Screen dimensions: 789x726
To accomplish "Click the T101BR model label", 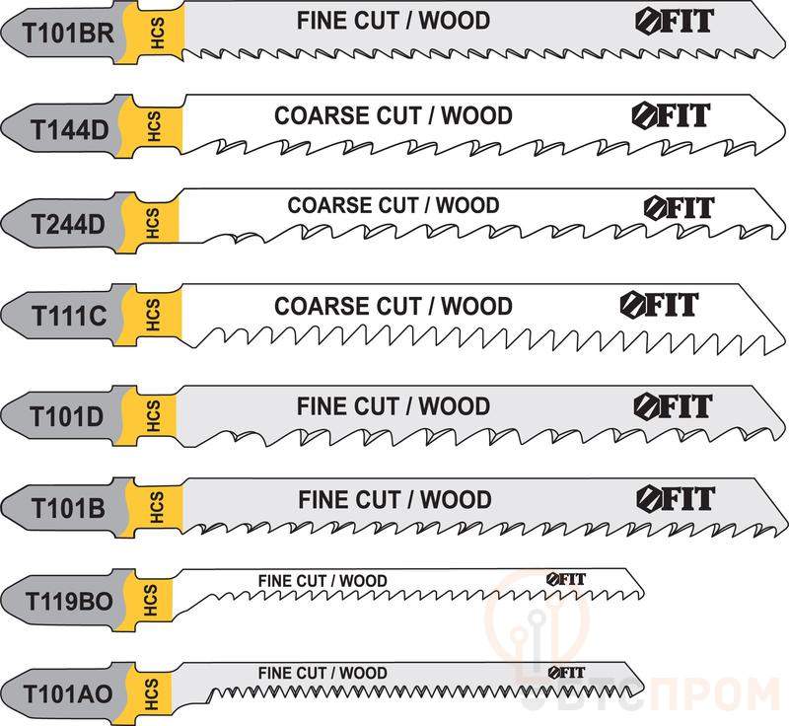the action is (x=68, y=34).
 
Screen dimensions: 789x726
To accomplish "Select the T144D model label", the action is (x=70, y=130).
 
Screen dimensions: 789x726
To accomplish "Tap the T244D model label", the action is (x=68, y=224).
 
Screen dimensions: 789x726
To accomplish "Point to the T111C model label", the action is (x=69, y=316).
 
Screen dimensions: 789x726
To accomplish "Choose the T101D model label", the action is (x=66, y=416).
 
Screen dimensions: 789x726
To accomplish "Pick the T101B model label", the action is (x=68, y=508).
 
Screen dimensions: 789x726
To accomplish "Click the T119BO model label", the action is (x=69, y=602).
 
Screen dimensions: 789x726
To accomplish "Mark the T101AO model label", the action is (x=68, y=694).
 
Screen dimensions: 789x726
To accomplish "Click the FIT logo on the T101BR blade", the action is (x=675, y=22).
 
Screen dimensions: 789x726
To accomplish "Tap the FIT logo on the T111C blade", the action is (x=659, y=305).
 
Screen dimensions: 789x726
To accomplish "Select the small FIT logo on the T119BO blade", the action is (x=566, y=580).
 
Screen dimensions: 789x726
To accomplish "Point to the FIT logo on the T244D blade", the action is (x=680, y=207).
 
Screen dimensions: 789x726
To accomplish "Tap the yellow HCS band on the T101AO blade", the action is (x=150, y=694).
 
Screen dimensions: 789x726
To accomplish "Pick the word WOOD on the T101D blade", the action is (x=455, y=406).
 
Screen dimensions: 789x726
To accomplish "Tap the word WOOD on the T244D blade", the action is (x=467, y=205).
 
